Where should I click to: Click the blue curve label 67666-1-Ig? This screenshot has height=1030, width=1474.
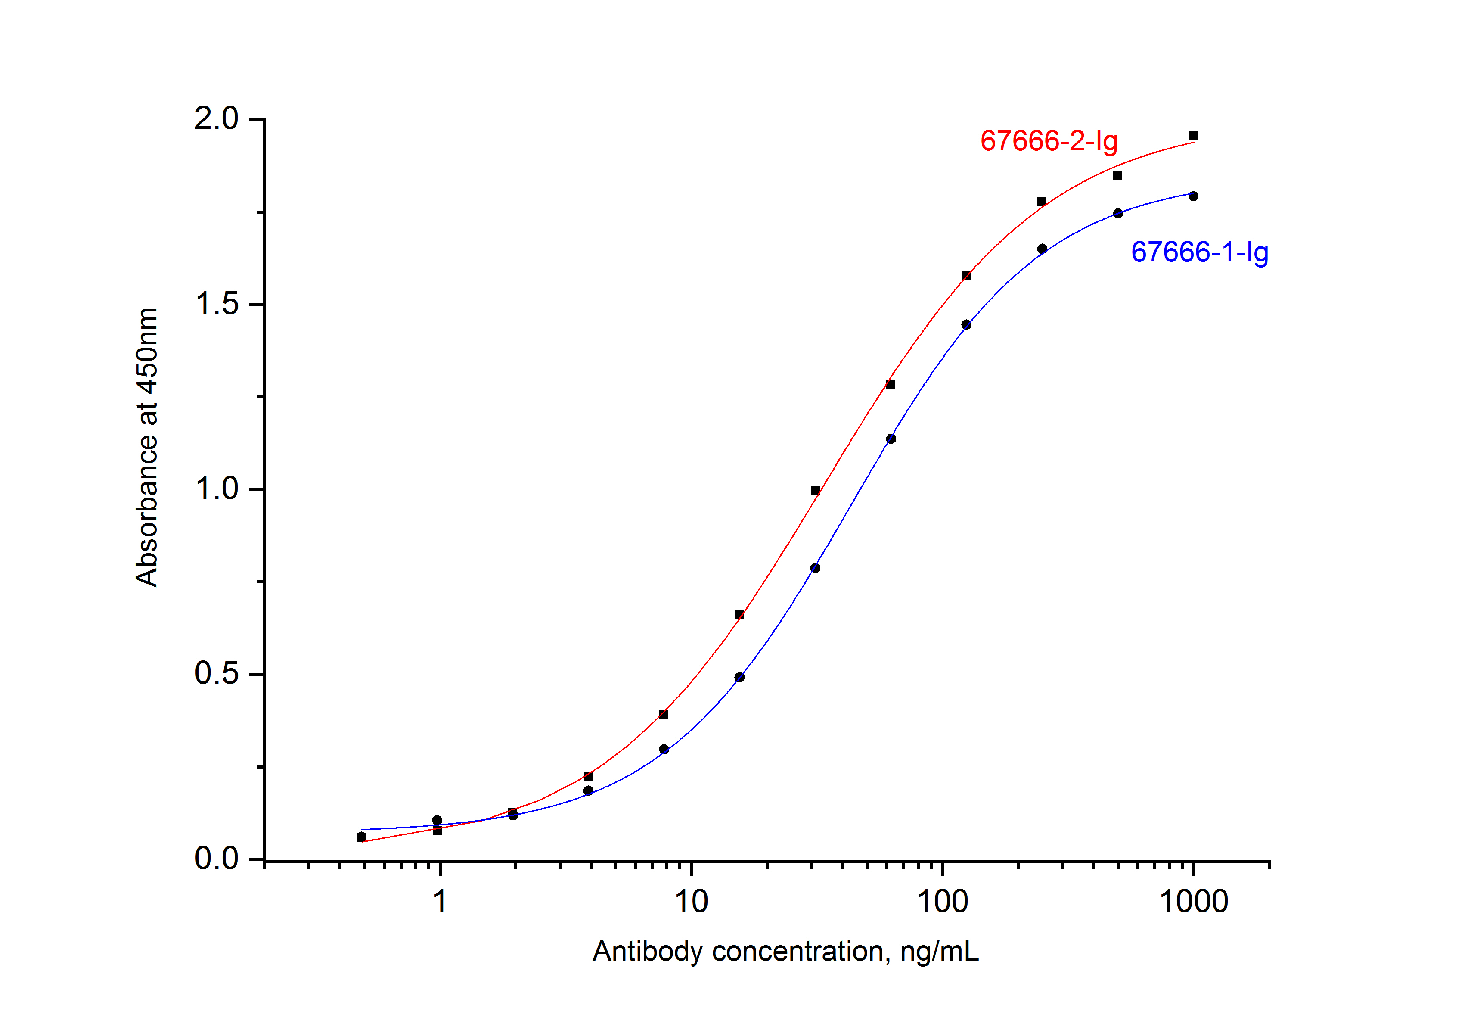click(1199, 252)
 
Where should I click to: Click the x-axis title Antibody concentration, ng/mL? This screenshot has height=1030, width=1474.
click(785, 951)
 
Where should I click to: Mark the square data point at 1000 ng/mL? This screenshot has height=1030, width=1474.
click(1193, 136)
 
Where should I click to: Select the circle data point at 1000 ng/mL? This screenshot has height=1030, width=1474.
click(1193, 196)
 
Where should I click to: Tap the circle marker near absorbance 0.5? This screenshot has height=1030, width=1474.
click(739, 677)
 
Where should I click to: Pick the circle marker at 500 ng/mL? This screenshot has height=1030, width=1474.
click(1118, 213)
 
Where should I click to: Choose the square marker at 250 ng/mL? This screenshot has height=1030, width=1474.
click(1042, 202)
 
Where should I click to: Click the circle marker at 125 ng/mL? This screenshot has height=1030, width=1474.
click(967, 324)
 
